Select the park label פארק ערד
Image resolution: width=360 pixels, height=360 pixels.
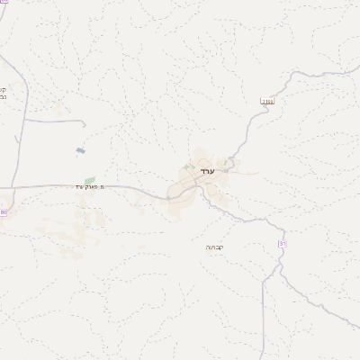tap(91, 186)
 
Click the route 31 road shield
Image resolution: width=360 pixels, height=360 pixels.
tap(282, 244)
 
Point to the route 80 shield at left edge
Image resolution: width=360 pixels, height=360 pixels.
tap(3, 213)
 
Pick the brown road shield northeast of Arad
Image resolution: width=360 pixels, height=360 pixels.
tap(265, 102)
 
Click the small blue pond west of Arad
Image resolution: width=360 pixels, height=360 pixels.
tap(81, 150)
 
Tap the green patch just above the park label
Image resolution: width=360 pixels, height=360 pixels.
tap(89, 179)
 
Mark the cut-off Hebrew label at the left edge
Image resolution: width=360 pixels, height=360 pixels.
tap(4, 93)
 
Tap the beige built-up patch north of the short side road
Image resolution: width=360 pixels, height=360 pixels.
tap(60, 108)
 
